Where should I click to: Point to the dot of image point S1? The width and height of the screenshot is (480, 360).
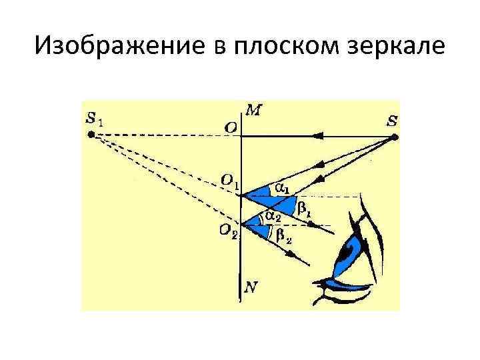91,135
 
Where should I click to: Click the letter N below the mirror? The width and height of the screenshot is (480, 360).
251,288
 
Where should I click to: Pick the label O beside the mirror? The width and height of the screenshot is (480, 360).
229,127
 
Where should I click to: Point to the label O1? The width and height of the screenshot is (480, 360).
230,180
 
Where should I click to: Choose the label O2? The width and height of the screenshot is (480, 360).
229,231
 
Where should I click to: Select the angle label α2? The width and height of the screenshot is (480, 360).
273,216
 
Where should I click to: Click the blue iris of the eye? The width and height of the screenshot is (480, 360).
350,253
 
